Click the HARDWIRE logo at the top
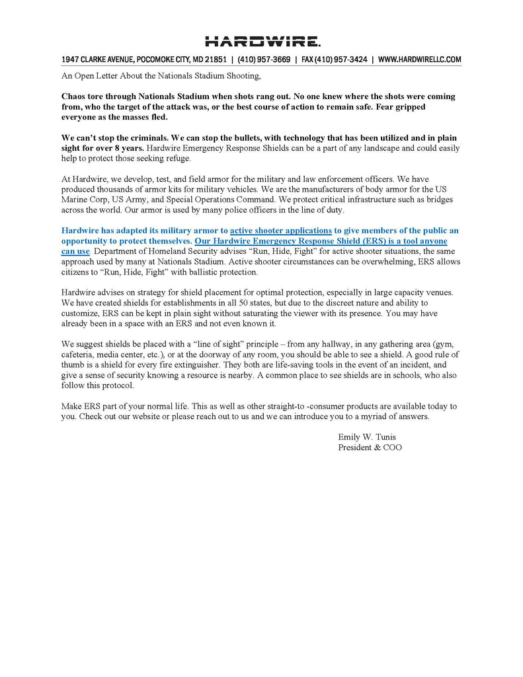(262, 42)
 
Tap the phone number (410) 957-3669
(264, 60)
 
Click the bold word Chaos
(75, 97)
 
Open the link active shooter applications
(281, 231)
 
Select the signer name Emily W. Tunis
(367, 437)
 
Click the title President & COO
(370, 448)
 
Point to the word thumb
(73, 365)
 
